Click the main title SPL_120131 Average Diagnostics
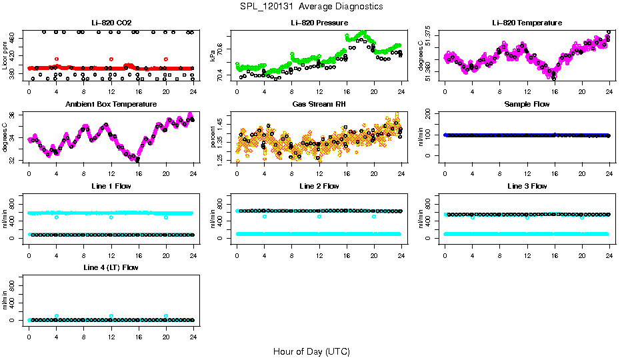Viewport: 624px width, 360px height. pos(312,7)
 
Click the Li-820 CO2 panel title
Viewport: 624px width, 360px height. pos(111,23)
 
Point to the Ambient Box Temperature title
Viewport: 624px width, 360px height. pos(111,105)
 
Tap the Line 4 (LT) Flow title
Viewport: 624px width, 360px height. pos(111,267)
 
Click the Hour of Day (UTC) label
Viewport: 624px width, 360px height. pos(311,351)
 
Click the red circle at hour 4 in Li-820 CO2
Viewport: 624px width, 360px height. pos(57,59)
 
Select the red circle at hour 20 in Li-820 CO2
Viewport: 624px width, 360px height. pos(166,59)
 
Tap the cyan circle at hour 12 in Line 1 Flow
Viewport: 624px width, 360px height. pos(111,217)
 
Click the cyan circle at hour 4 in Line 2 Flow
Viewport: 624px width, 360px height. pos(265,217)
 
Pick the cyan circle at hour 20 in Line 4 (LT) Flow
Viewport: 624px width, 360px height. pos(166,316)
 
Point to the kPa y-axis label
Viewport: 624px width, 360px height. pos(213,56)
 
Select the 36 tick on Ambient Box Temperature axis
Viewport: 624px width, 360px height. pos(14,115)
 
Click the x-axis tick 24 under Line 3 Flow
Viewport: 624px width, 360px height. pos(609,247)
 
